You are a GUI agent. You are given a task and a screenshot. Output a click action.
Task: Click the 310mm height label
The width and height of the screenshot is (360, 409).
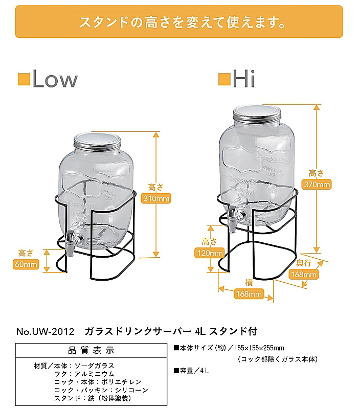pyautogui.click(x=156, y=199)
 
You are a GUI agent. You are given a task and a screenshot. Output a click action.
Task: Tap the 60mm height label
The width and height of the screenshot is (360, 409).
pyautogui.click(x=26, y=264)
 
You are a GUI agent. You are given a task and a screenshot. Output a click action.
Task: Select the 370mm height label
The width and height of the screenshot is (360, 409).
pyautogui.click(x=317, y=185)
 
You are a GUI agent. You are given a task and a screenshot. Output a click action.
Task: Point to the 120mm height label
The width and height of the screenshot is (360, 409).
pyautogui.click(x=210, y=253)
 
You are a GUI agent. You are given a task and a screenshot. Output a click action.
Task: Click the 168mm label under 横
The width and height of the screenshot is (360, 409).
pyautogui.click(x=249, y=294)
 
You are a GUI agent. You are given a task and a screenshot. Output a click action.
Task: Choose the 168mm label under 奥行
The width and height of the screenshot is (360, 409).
pyautogui.click(x=304, y=275)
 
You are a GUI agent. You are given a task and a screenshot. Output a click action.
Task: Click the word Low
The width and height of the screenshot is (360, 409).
pyautogui.click(x=55, y=79)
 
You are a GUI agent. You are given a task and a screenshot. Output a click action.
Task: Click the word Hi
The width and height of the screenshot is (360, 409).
pyautogui.click(x=243, y=79)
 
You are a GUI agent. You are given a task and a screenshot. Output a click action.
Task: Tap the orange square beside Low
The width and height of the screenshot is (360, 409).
pyautogui.click(x=24, y=79)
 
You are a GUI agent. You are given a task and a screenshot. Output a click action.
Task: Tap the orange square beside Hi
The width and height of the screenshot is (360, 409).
pyautogui.click(x=224, y=79)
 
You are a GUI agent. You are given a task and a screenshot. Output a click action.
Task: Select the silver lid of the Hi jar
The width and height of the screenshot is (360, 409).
pyautogui.click(x=257, y=113)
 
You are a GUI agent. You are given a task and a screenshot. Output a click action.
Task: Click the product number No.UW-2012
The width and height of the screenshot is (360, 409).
pyautogui.click(x=45, y=331)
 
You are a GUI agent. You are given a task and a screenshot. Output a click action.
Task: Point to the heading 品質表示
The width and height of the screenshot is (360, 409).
pyautogui.click(x=92, y=351)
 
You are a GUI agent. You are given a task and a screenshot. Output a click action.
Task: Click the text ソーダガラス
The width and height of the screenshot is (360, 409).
pyautogui.click(x=95, y=366)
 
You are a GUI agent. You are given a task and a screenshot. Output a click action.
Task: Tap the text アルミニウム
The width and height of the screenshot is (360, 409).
pyautogui.click(x=95, y=374)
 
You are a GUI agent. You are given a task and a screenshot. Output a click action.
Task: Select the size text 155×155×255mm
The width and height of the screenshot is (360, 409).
pyautogui.click(x=260, y=348)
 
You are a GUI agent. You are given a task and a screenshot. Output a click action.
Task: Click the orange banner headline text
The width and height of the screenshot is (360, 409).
pyautogui.click(x=182, y=22)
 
